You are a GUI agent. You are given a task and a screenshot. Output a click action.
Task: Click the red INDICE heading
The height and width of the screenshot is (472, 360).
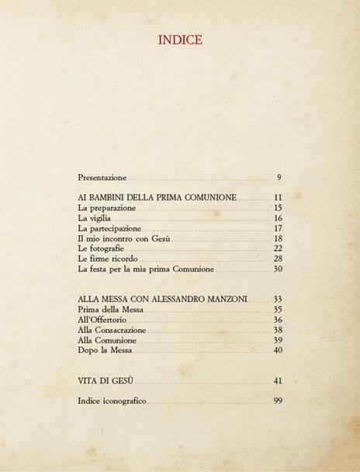point(179,40)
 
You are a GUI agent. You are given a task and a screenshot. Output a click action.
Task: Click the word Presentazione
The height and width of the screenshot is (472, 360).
point(102,179)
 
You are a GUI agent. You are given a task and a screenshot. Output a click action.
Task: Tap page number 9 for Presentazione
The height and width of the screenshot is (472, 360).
point(279,179)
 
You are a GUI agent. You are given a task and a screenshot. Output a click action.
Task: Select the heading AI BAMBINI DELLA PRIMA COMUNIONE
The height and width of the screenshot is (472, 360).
point(157,198)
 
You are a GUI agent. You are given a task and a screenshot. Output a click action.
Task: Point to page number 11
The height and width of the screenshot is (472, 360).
point(278,198)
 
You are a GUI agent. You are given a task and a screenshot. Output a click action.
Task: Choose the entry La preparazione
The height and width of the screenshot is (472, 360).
point(107,208)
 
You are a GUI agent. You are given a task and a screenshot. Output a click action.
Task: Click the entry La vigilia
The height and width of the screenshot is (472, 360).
point(95,218)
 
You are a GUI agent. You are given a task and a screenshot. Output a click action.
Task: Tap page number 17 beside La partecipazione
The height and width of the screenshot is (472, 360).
point(278,228)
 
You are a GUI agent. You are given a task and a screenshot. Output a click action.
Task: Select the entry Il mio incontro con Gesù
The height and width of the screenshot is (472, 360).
point(124,238)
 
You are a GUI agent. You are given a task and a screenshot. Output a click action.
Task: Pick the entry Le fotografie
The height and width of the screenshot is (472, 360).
point(101,248)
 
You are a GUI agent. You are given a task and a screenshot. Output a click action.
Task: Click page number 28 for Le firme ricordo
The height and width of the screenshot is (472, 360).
point(278,259)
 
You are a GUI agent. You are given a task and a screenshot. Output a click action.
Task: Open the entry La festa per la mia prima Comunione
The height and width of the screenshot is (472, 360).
point(146,269)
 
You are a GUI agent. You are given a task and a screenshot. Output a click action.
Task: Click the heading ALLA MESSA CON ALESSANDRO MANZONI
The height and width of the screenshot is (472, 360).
point(163,299)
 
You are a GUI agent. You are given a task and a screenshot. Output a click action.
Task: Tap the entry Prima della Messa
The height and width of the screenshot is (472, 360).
point(111,310)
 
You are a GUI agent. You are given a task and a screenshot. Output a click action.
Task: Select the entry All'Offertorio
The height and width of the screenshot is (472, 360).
point(102,320)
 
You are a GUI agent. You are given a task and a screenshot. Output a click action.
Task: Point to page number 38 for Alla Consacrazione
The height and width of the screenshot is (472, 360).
point(278,330)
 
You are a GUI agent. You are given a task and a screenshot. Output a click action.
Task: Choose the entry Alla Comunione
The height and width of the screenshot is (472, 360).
point(107,340)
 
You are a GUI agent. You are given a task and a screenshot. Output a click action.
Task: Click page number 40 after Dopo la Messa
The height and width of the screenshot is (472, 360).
point(278,350)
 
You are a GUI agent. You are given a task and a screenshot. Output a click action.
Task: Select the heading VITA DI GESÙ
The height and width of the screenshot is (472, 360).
point(106,381)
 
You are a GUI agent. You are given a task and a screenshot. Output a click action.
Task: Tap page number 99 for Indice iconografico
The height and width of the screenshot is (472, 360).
point(278,401)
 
